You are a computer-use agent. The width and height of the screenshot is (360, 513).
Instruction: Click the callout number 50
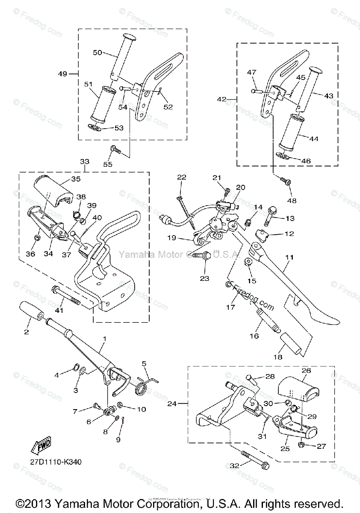coord(97,52)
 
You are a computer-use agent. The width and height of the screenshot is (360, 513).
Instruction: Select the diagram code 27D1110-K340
coord(55,462)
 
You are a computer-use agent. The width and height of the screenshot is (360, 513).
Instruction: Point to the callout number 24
coord(172,403)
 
